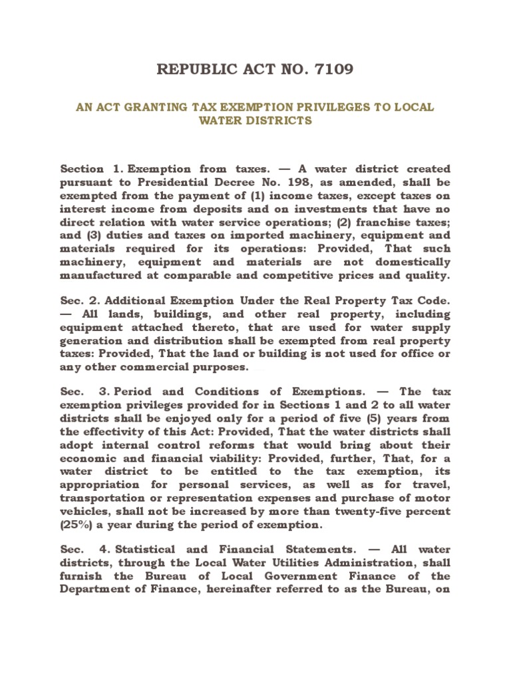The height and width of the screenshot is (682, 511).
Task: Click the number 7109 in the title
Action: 332,69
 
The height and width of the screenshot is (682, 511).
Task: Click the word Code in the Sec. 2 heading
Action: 432,301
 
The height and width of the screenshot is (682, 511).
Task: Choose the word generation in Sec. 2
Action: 92,340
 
